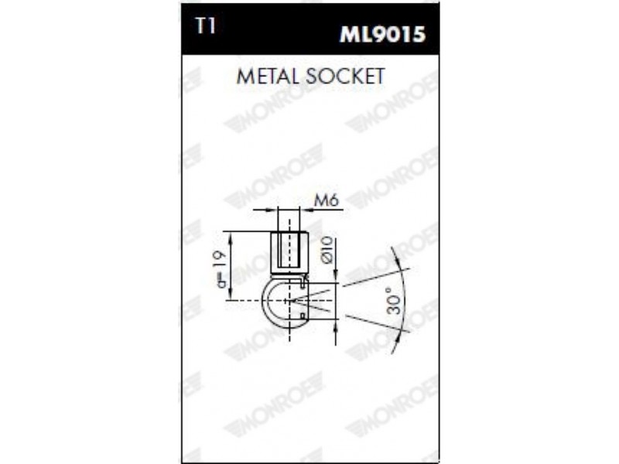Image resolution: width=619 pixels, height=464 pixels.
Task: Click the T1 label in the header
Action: click(205, 26)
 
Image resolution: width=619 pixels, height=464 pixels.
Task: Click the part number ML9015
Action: click(382, 34)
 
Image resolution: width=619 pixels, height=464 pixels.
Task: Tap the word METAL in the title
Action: click(268, 76)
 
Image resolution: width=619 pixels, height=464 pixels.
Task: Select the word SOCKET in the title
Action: click(345, 76)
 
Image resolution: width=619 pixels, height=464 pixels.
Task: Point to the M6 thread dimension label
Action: click(327, 201)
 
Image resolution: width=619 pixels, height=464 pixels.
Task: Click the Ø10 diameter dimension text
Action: click(328, 250)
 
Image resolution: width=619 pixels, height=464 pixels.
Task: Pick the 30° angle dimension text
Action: click(395, 300)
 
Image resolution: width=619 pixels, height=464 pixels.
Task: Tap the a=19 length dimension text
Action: click(221, 268)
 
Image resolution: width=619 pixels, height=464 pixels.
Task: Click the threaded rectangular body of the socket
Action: click(289, 251)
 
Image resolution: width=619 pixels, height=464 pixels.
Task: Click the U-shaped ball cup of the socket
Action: click(266, 300)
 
